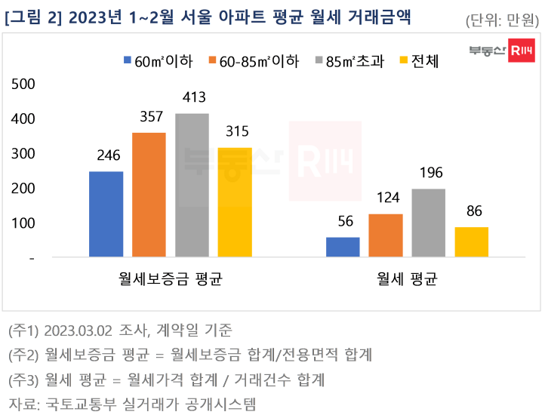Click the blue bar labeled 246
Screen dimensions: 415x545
(x=106, y=214)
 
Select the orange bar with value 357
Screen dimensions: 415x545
(x=149, y=195)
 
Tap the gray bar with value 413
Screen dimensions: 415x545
(x=192, y=185)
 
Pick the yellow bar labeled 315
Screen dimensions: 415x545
(x=235, y=202)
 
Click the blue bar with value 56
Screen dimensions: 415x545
(x=342, y=247)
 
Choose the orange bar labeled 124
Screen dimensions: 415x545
(x=385, y=235)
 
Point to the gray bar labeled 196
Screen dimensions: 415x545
(x=428, y=223)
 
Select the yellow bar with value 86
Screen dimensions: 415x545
(x=471, y=241)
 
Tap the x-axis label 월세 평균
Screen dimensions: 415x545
(x=407, y=279)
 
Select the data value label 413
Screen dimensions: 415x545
(x=192, y=97)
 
